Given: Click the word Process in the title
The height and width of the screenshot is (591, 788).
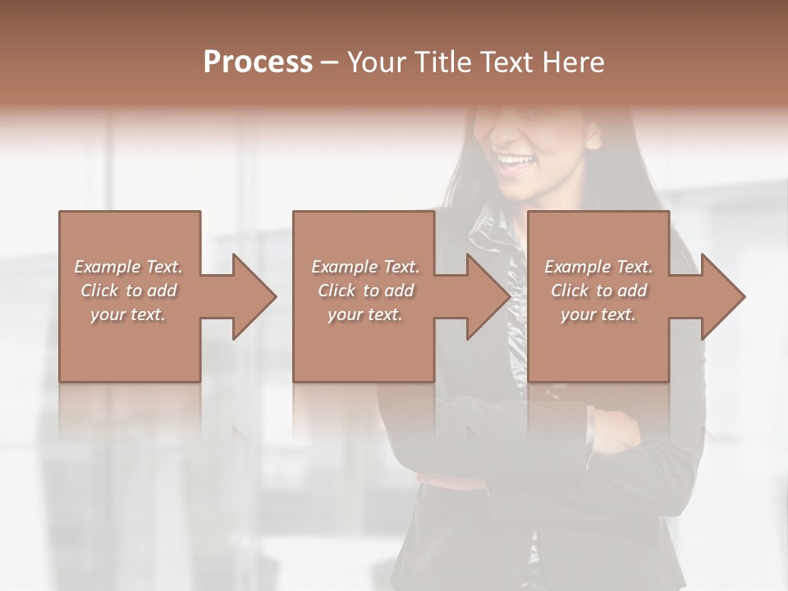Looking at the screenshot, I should [258, 62].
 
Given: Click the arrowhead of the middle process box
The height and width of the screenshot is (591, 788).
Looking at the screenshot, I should [488, 296].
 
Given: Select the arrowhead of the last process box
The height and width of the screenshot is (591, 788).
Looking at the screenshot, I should [722, 296].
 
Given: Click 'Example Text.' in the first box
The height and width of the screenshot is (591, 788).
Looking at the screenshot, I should [128, 267].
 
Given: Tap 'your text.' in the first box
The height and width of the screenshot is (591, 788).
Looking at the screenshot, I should [128, 314].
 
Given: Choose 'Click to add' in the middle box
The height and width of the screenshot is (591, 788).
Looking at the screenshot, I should [365, 291].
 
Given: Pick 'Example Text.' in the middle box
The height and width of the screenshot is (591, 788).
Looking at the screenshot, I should [365, 267].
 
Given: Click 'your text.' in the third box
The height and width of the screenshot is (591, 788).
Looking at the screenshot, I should [598, 314].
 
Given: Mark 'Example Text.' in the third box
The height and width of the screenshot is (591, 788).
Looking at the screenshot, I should [598, 267].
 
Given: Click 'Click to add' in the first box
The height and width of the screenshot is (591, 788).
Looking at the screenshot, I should [128, 291].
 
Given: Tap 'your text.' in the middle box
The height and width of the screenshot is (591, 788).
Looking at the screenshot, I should [365, 314].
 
